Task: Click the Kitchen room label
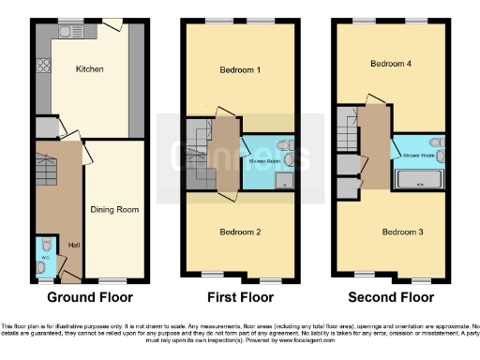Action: click(89, 69)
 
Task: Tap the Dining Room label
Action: click(114, 209)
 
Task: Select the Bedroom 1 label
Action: click(240, 70)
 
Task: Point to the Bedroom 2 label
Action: click(240, 231)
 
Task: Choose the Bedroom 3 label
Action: click(401, 231)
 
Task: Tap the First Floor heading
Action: click(240, 298)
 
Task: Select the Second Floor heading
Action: click(391, 298)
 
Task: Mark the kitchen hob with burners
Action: click(43, 67)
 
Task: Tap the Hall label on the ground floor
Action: click(73, 246)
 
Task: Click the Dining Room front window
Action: click(114, 279)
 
